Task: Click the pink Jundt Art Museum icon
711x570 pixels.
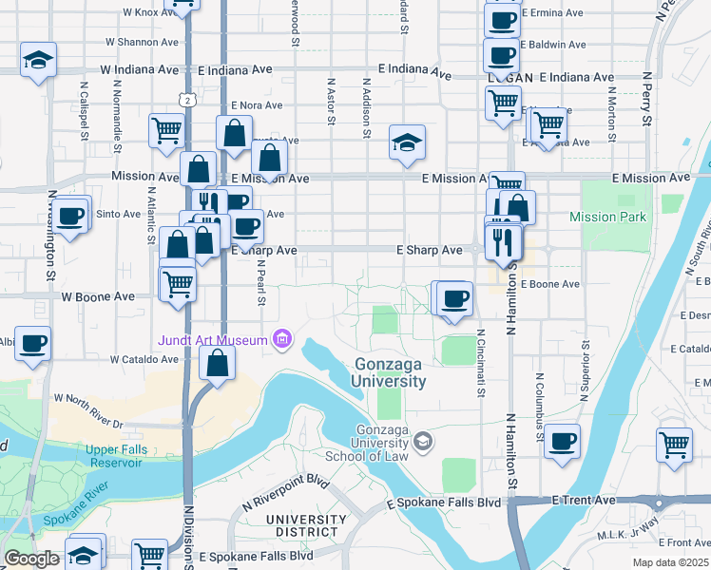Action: click(x=281, y=339)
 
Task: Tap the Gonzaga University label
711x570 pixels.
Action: click(x=390, y=372)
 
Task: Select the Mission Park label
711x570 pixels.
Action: click(x=607, y=217)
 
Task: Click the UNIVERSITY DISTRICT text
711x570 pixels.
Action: click(x=301, y=525)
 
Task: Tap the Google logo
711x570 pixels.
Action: click(x=31, y=560)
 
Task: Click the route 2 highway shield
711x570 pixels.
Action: click(x=190, y=99)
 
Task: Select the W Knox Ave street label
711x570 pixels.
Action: click(x=150, y=13)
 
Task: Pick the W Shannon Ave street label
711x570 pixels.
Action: click(x=142, y=42)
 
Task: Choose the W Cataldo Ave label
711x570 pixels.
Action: click(x=144, y=360)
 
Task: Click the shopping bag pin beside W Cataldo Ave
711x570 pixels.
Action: click(x=218, y=363)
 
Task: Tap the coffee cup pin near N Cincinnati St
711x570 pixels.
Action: click(x=455, y=297)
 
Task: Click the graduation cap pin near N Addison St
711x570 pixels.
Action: click(x=407, y=143)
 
